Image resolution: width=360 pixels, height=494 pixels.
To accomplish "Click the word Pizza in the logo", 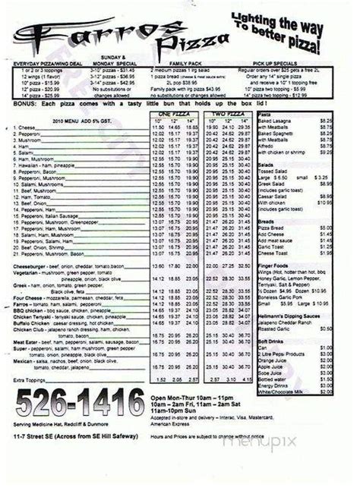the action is coord(187,34).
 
